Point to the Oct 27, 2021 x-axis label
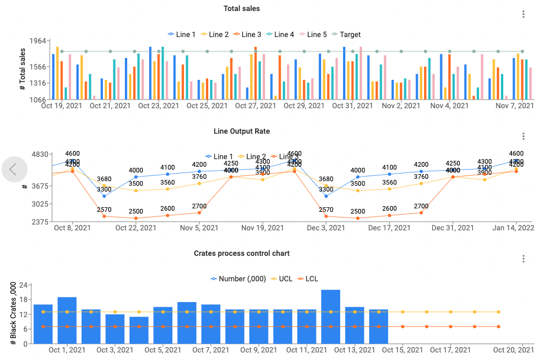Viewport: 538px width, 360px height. [x=255, y=106]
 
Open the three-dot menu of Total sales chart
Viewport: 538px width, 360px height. [x=524, y=14]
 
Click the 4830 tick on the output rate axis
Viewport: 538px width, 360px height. [x=39, y=155]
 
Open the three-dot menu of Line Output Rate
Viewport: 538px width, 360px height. [x=524, y=137]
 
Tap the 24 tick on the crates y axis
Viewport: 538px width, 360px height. [x=24, y=285]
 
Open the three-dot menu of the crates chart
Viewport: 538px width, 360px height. [x=524, y=259]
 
